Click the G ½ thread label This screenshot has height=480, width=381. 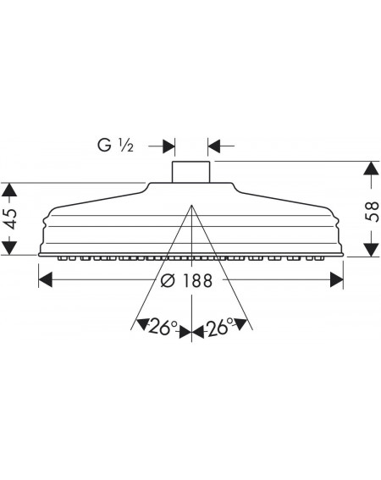[115, 145]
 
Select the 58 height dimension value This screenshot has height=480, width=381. [372, 212]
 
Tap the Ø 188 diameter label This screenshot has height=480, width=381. [186, 280]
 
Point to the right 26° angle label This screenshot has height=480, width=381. [220, 327]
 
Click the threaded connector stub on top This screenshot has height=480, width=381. [190, 172]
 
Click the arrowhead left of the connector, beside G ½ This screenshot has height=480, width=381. [168, 146]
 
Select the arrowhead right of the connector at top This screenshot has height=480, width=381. [213, 146]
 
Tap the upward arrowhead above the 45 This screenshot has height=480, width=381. [9, 190]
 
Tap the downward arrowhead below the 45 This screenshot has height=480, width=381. [9, 248]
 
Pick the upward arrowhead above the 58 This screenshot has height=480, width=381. [371, 168]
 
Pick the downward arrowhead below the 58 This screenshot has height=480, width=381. [371, 250]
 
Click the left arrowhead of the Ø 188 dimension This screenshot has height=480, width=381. [46, 280]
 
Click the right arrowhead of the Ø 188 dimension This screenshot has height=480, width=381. [337, 280]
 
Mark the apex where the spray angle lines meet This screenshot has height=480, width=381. [191, 205]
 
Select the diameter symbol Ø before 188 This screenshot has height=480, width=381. [168, 280]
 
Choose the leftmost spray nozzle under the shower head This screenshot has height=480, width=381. [62, 259]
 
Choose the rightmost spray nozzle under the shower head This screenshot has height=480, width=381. [320, 259]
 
